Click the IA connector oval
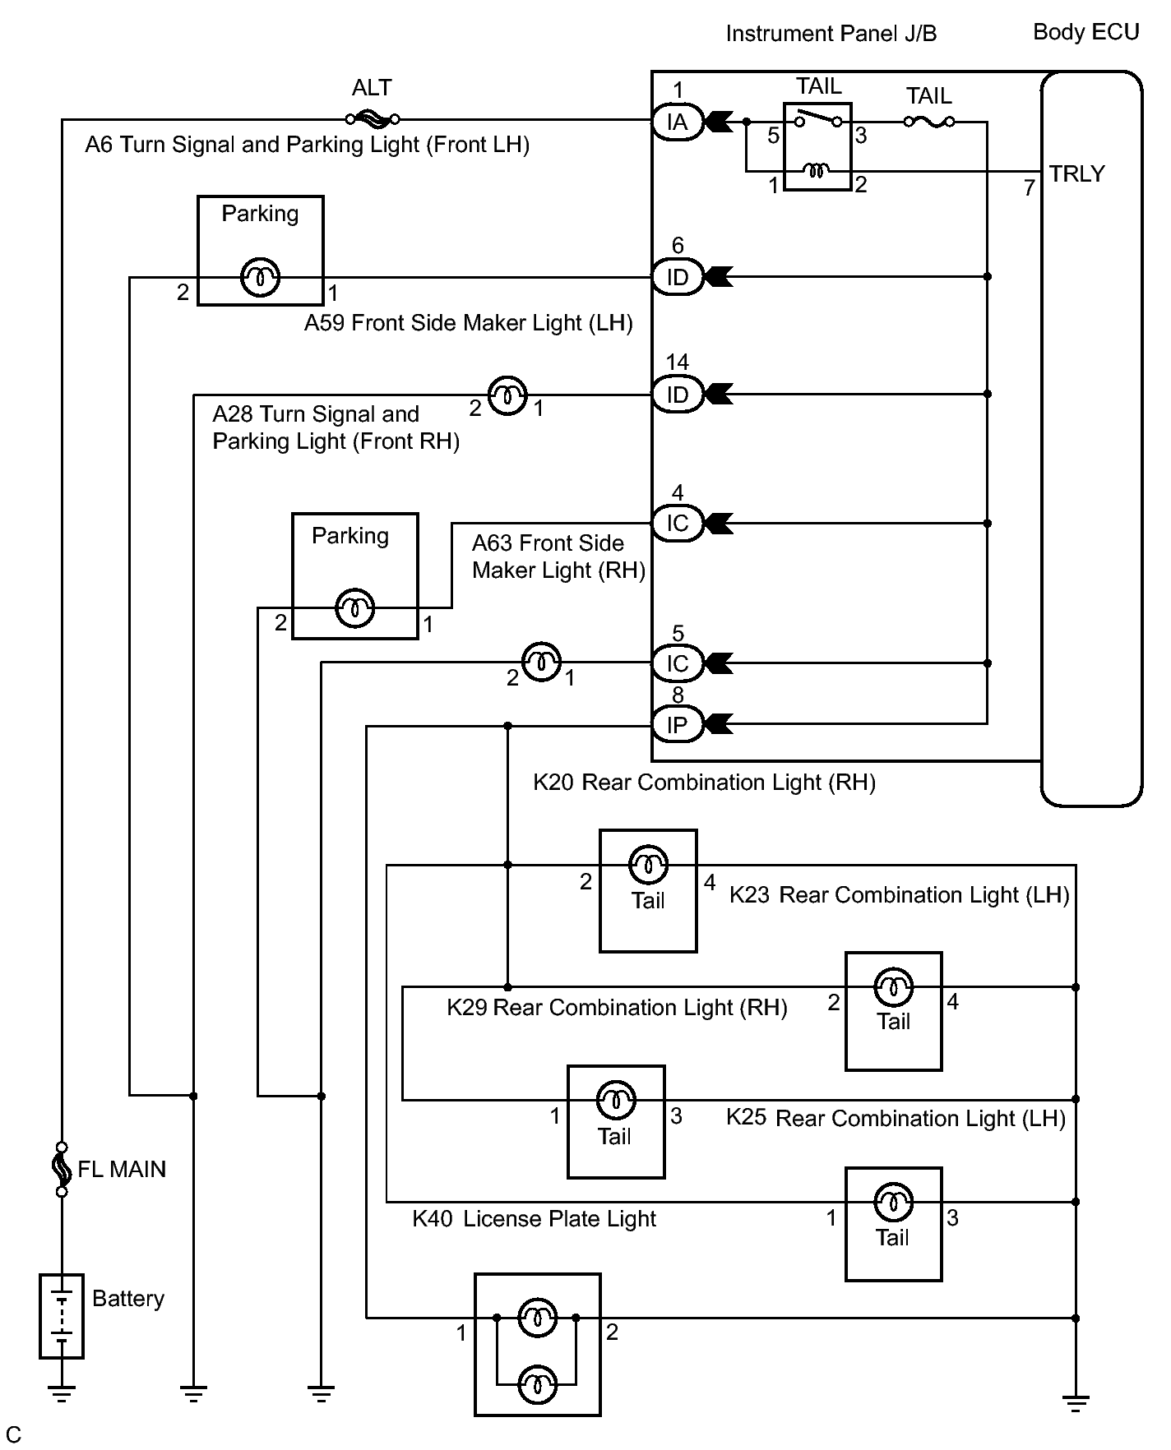point(678,122)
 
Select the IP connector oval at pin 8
point(678,725)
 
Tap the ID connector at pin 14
point(678,395)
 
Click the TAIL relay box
point(817,147)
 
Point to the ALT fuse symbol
point(373,119)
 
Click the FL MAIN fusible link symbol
point(62,1169)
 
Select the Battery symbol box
point(62,1316)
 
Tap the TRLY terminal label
point(1076,174)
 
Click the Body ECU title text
point(1085,32)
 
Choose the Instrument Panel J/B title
point(831,34)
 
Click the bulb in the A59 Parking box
point(260,278)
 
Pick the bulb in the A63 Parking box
point(355,608)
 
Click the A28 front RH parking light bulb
point(507,395)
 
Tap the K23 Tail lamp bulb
point(648,864)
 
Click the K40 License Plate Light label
point(534,1219)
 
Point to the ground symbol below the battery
point(62,1392)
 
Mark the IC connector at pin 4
point(678,523)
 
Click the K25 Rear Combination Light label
point(896,1118)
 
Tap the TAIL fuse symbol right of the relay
point(929,122)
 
